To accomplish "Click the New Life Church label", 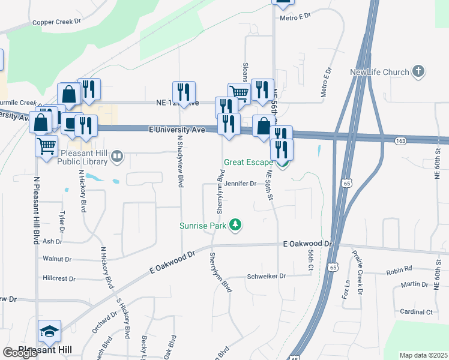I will (379, 73).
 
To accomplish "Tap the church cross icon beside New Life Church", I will (418, 72).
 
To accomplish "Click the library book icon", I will (117, 157).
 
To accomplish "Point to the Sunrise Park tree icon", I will (237, 225).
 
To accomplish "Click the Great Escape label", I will (248, 162).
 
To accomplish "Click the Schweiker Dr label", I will (267, 277).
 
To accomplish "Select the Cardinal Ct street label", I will (416, 312).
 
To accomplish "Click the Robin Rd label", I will (399, 270).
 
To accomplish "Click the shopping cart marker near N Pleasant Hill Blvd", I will (46, 145).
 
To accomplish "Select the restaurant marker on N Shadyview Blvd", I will (184, 92).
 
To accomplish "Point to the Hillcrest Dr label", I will (59, 278).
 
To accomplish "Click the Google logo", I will (19, 353).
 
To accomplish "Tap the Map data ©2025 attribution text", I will (423, 355).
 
